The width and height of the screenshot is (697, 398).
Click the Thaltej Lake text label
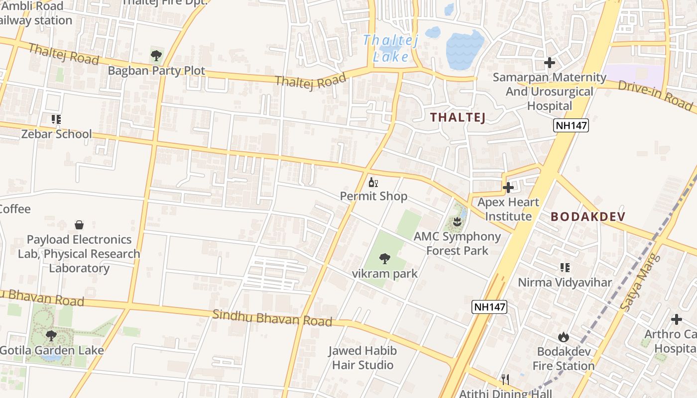pyautogui.click(x=391, y=48)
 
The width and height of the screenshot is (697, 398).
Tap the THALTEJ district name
pyautogui.click(x=458, y=117)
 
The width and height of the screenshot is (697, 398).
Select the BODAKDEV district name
pyautogui.click(x=588, y=216)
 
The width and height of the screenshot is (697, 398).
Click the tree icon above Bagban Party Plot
pyautogui.click(x=156, y=55)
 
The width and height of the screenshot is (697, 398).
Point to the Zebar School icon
pyautogui.click(x=56, y=119)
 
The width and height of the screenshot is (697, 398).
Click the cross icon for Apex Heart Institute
pyautogui.click(x=508, y=188)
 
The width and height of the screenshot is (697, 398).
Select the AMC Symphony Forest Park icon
pyautogui.click(x=457, y=221)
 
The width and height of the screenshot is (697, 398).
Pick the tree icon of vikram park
pyautogui.click(x=384, y=259)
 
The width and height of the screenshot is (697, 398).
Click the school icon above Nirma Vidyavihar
pyautogui.click(x=565, y=268)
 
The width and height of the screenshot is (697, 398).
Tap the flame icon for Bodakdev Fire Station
pyautogui.click(x=564, y=337)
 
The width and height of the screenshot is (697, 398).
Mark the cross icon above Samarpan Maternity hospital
pyautogui.click(x=550, y=63)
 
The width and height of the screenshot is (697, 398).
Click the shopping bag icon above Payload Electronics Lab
pyautogui.click(x=79, y=225)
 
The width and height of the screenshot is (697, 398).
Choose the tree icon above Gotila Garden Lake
pyautogui.click(x=51, y=335)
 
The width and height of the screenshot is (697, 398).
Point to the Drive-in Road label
pyautogui.click(x=655, y=95)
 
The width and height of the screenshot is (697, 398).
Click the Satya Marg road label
pyautogui.click(x=640, y=282)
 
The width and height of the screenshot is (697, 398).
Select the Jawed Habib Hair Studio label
pyautogui.click(x=362, y=358)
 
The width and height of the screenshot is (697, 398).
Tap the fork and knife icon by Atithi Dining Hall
pyautogui.click(x=505, y=380)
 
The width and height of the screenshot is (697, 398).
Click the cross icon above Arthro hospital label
pyautogui.click(x=676, y=319)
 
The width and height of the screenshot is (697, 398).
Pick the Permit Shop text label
pyautogui.click(x=373, y=196)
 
